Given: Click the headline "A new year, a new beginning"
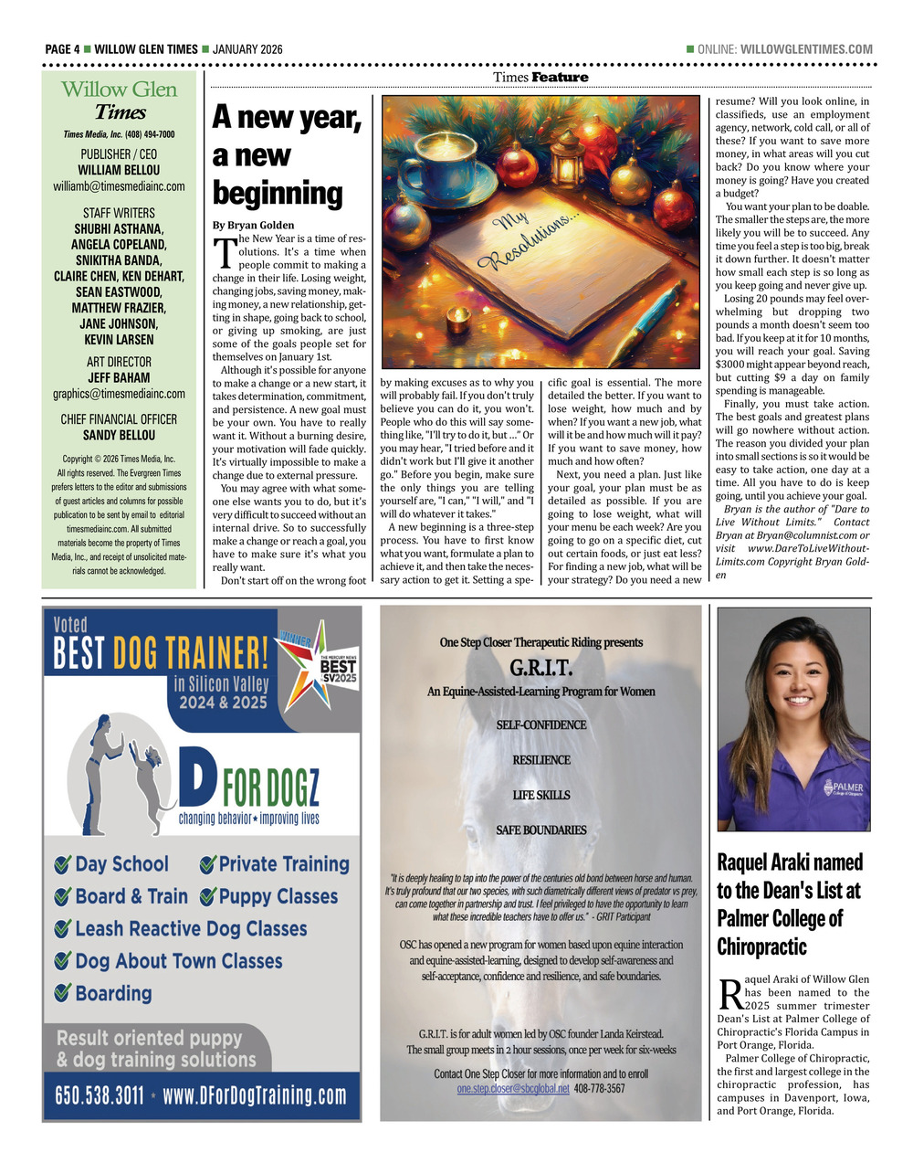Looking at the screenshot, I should point(288,155).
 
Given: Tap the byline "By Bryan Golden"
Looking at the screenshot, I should point(254,225).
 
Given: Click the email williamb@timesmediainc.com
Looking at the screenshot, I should point(119,186).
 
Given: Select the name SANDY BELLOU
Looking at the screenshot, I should point(119,435).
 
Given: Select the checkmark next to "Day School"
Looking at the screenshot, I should point(63,864).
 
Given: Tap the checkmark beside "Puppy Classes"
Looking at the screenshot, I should point(207,897).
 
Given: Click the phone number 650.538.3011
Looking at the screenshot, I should point(100,1095).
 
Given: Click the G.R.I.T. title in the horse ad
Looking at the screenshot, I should point(541,667).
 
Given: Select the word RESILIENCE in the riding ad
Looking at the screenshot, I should point(541,760).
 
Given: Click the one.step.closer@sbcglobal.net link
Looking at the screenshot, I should point(513,1089).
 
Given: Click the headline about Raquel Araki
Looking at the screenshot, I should point(791,904).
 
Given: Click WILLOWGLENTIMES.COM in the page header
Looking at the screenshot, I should point(806,49).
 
